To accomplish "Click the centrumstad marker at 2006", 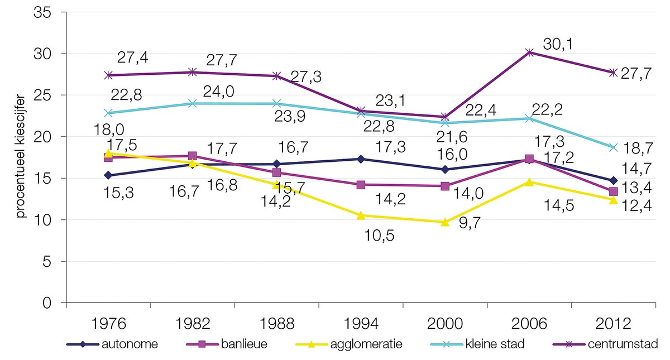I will point(529,52).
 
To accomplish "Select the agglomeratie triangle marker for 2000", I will point(445,222).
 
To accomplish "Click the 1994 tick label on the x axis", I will point(361,324).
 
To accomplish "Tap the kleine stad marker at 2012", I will point(613,147).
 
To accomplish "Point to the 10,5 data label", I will point(380,236).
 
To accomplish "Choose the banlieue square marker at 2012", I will point(613,191).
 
